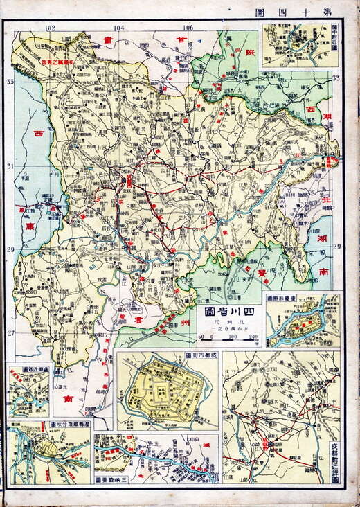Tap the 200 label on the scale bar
pos(253,337)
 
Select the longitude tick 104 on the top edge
pos(118,28)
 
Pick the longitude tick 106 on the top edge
pos(188,28)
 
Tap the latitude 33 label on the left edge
pos(10,82)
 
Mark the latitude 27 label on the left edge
pos(10,333)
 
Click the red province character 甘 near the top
pos(181,43)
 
